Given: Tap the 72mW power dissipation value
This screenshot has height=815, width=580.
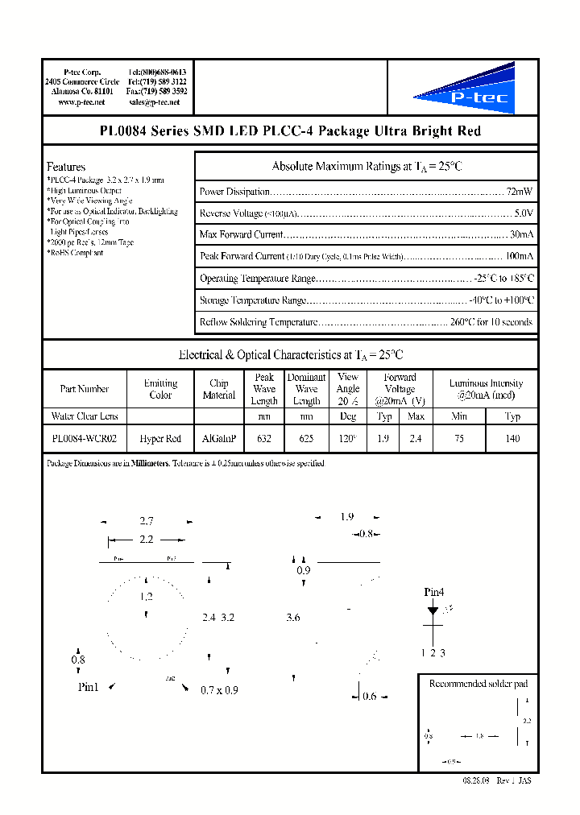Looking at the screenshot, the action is pos(520,192).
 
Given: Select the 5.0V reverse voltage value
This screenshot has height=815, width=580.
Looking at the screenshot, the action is pos(523,213).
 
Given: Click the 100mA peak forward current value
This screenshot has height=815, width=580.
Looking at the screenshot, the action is pos(518,256).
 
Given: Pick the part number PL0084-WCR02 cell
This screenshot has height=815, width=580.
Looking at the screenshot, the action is pos(84,439).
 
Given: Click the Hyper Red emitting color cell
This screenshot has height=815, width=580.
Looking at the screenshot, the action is pos(160,439).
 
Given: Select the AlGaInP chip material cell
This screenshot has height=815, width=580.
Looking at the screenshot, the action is pos(219,439).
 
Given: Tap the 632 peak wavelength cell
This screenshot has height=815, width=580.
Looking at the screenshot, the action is pos(264,439).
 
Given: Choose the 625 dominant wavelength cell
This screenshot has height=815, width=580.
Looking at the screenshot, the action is pos(306,439).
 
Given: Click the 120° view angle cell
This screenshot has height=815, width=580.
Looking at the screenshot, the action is pos(348,439).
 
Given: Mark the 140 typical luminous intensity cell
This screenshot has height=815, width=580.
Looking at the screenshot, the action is pos(512,439).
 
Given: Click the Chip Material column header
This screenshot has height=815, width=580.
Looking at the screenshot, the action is pos(219,389).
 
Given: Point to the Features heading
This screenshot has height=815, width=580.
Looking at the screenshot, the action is pos(65,167).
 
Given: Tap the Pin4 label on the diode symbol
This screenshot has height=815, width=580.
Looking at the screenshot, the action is pos(434,593).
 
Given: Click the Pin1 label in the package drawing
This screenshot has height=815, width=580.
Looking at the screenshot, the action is pos(88,687).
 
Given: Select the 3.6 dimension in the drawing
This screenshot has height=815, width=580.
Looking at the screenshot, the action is pos(293,618).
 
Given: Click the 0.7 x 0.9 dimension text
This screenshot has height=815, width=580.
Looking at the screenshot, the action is pos(219,690).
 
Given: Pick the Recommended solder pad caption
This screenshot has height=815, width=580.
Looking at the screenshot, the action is pos(478,684).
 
